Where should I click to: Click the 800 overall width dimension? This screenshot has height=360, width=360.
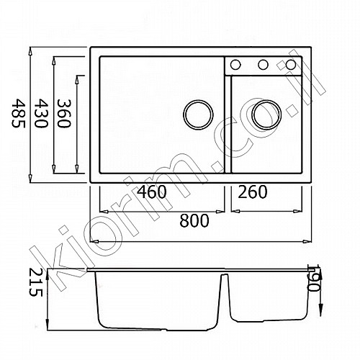194,220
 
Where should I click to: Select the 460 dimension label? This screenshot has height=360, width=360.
152,192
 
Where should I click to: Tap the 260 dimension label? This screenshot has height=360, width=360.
253,192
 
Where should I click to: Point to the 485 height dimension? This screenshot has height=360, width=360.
18,113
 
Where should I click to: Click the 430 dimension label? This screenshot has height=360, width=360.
41,113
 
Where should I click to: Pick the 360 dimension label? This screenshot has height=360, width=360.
64,113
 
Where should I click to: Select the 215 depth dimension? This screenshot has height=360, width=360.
35,282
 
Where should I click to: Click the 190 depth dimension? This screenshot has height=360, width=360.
314,278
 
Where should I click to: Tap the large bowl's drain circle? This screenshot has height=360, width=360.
198,114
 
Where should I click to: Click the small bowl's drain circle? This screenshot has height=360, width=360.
266,114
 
